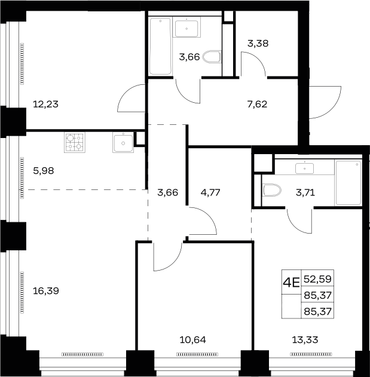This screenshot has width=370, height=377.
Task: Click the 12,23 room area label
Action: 45,105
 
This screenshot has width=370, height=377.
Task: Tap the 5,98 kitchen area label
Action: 43,171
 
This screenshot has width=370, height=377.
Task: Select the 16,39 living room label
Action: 45,291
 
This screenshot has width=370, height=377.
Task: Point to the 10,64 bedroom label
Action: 192,340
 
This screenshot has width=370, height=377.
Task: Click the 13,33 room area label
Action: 305,340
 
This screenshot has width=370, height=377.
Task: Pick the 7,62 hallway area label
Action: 257,105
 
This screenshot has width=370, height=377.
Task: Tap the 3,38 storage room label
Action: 258,44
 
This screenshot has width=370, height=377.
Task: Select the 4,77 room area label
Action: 210,192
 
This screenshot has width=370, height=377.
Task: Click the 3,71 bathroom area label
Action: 305,192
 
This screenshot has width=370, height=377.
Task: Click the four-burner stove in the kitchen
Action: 75,142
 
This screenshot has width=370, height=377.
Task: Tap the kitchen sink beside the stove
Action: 123,142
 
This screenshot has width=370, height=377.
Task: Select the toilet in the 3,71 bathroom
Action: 272,190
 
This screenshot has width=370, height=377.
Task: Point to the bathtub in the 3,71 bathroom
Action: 348,183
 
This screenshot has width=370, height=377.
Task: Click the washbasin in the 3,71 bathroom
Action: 305,168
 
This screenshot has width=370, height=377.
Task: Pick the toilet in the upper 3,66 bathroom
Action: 212,57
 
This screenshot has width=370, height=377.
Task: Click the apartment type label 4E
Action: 291,282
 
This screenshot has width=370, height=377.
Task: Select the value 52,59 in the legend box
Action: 317,279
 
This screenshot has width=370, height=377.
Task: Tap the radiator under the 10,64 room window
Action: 197,354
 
